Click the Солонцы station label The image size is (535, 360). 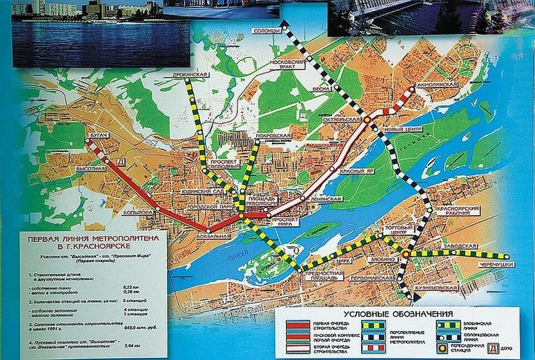267,31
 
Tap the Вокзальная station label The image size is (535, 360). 213,236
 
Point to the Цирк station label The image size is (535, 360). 344,260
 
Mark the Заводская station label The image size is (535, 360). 460,246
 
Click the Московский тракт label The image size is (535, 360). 288,64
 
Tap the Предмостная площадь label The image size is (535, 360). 324,276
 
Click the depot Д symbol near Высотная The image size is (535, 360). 121,162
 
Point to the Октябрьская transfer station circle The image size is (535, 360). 368,119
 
